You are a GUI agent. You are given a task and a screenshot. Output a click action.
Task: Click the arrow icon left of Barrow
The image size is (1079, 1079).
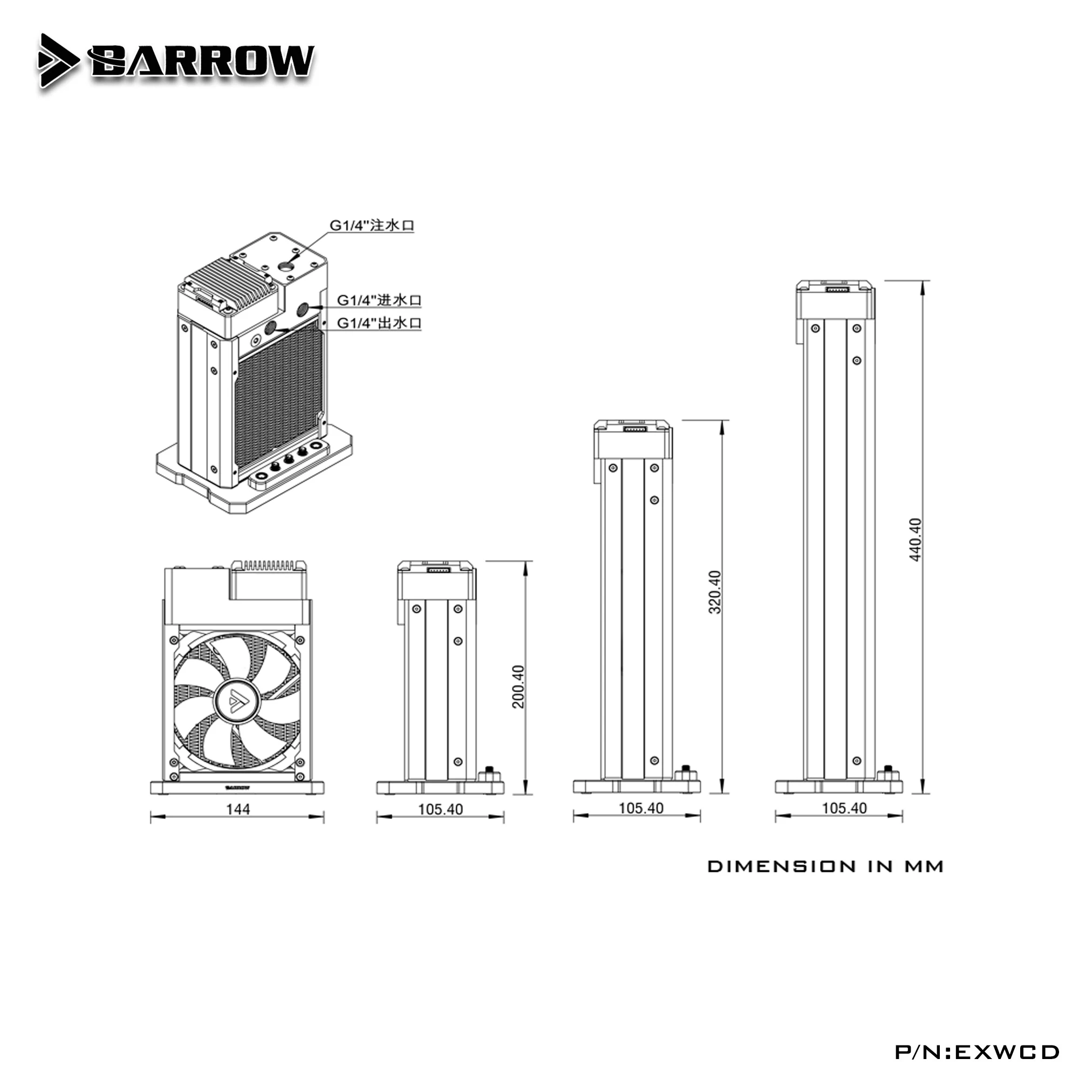pyautogui.click(x=58, y=60)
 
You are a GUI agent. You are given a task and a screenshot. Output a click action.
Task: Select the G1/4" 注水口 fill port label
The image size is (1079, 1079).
pyautogui.click(x=371, y=226)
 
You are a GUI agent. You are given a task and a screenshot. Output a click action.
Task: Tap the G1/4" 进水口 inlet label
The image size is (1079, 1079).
pyautogui.click(x=379, y=300)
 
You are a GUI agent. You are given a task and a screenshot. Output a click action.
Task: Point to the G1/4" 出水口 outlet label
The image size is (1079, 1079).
pyautogui.click(x=379, y=323)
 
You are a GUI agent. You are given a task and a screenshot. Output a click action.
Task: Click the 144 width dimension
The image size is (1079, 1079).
pyautogui.click(x=238, y=809)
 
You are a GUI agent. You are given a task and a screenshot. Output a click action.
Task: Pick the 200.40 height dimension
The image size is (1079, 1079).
pyautogui.click(x=519, y=686)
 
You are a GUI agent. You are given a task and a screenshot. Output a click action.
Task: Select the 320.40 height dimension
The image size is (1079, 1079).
pyautogui.click(x=715, y=592)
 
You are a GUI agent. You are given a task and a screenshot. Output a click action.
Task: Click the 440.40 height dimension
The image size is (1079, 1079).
pyautogui.click(x=916, y=539)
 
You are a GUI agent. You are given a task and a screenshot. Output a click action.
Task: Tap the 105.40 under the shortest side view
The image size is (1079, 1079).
pyautogui.click(x=441, y=809)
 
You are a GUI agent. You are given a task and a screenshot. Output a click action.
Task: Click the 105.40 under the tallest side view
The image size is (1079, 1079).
pyautogui.click(x=844, y=808)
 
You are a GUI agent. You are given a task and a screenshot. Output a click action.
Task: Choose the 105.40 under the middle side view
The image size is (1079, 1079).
pyautogui.click(x=641, y=808)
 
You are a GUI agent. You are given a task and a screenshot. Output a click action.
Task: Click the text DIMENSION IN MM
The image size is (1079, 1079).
pyautogui.click(x=825, y=867)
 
